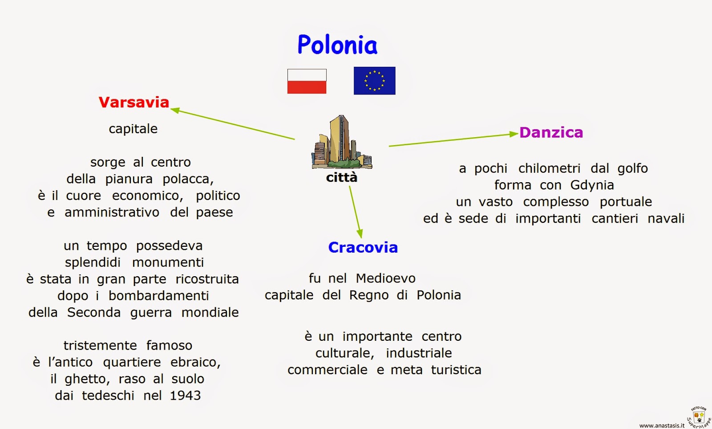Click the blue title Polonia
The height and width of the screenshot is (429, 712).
point(337,45)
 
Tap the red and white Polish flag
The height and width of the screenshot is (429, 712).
point(307,81)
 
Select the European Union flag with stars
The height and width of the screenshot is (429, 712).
point(374,81)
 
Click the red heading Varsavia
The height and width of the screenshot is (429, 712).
point(134,102)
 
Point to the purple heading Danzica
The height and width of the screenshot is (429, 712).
point(551,132)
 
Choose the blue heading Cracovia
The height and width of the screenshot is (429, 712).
point(363,247)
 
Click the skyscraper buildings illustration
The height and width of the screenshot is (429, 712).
point(341,143)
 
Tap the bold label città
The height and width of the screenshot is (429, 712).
point(341,178)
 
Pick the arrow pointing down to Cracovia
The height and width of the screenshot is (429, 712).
point(356,212)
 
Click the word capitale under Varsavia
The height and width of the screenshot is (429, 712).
point(133,129)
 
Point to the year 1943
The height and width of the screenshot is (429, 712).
point(186,396)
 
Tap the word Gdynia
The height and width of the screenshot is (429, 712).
point(592,185)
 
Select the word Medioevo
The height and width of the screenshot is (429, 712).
point(385,278)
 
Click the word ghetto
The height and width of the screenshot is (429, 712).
point(87,379)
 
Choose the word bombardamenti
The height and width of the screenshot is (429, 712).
point(158,296)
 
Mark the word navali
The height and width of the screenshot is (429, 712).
point(666,218)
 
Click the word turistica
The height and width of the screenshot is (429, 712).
point(456,370)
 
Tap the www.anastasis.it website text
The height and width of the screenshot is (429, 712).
point(661,425)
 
